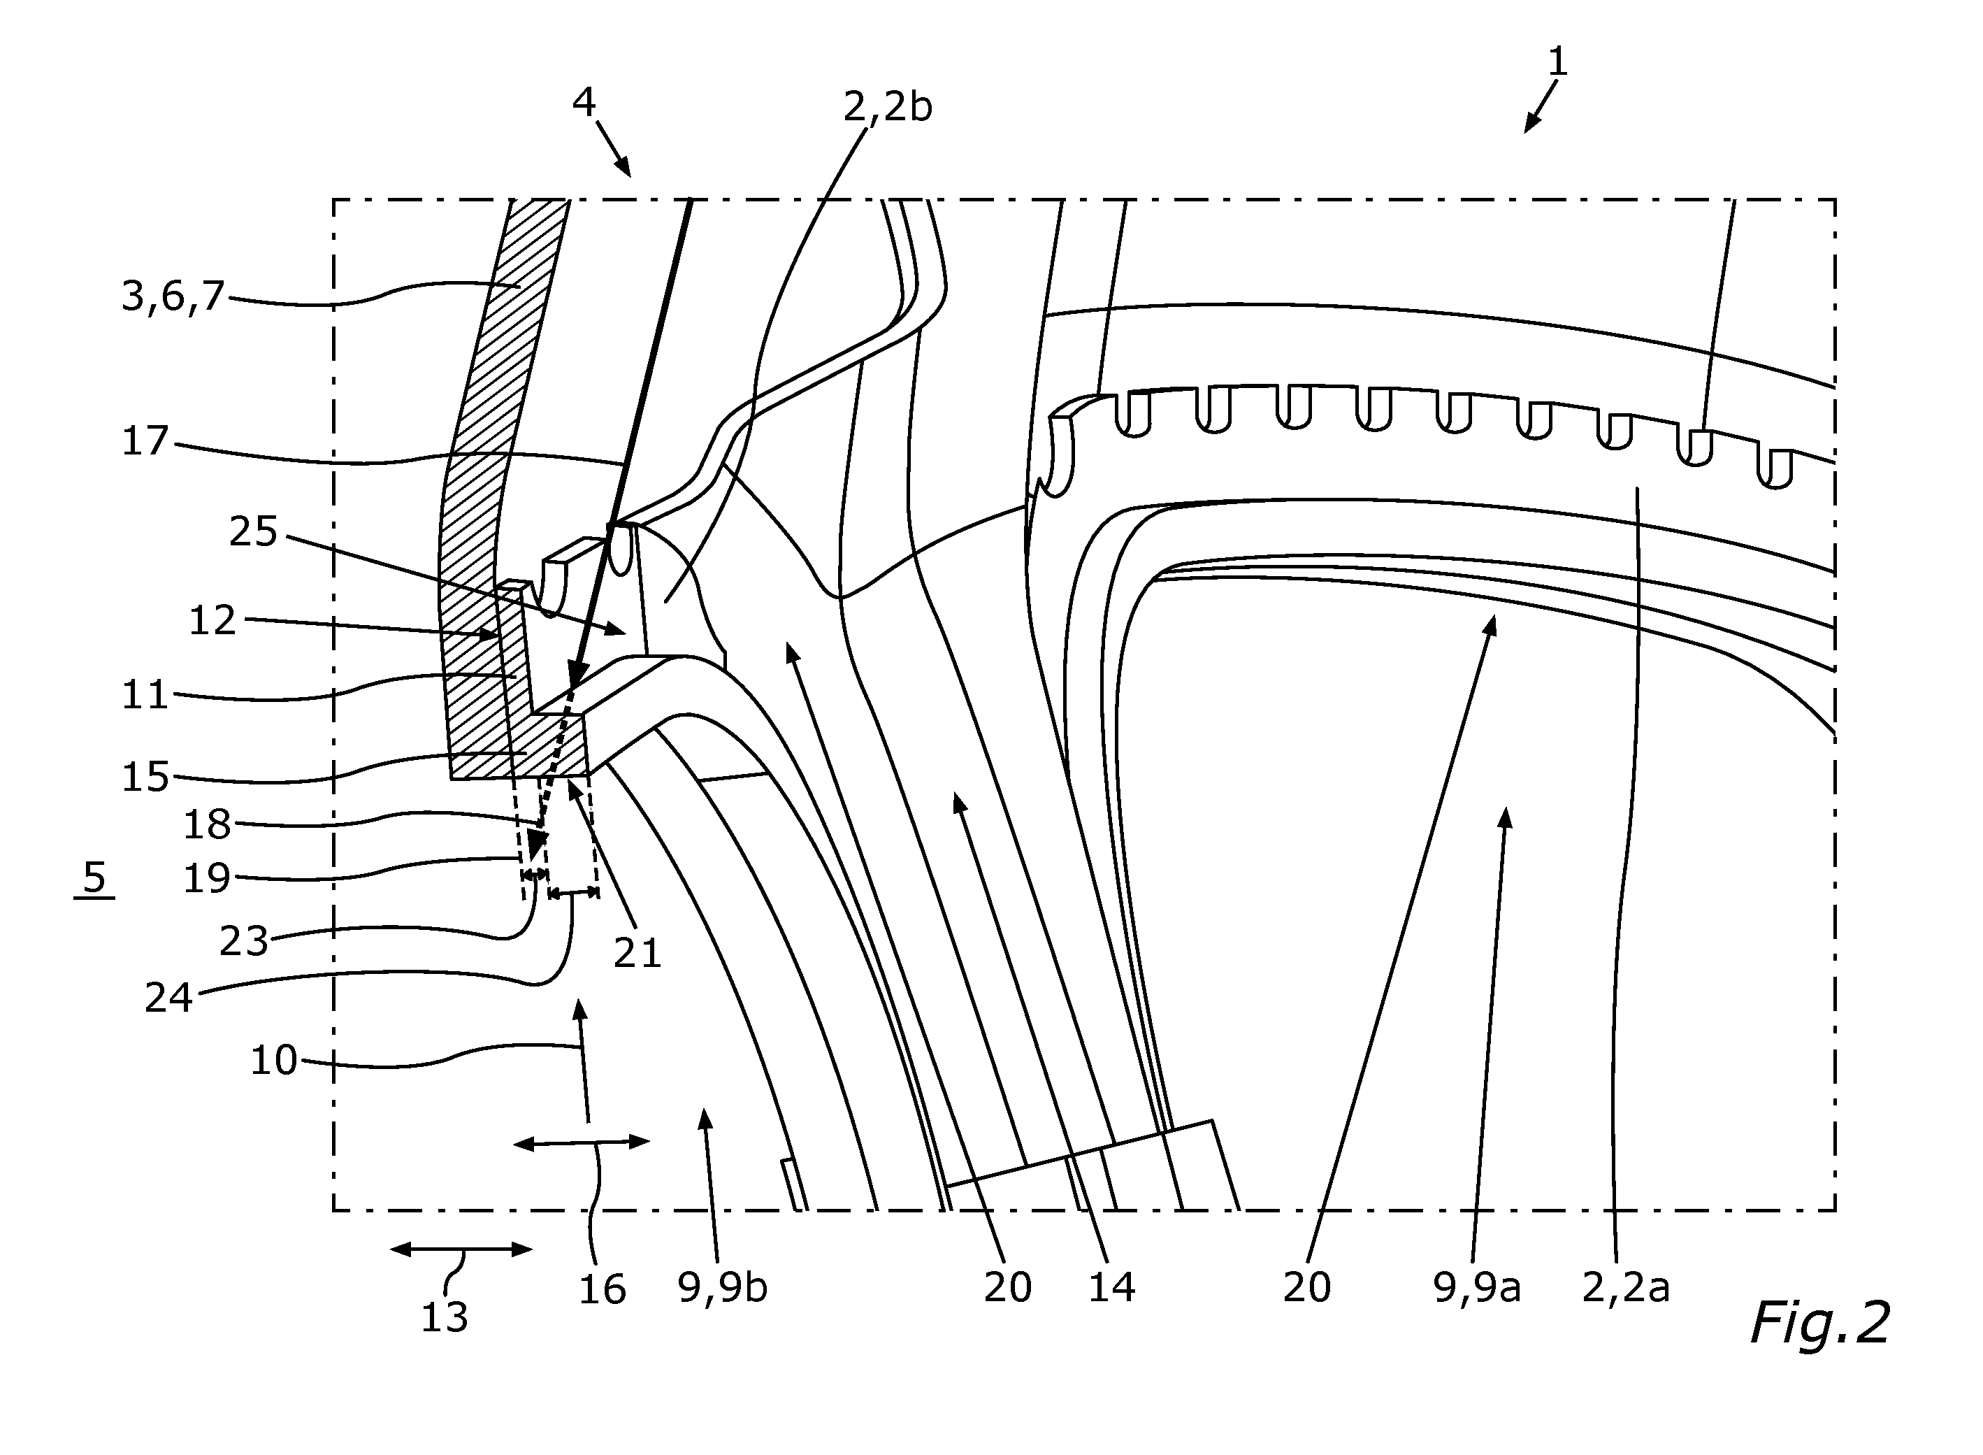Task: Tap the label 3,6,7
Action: point(173,297)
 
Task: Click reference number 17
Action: point(145,440)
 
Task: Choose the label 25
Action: point(254,532)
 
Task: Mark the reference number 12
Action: point(213,620)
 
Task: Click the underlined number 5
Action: point(94,877)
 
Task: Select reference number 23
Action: point(244,942)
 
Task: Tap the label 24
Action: point(169,998)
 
